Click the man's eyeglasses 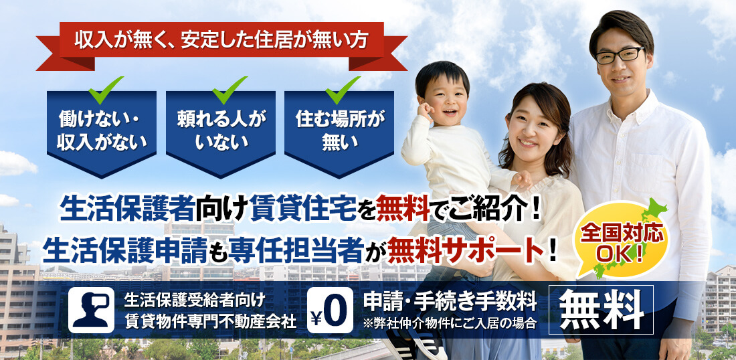coord(620,55)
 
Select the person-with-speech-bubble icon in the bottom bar coord(91,310)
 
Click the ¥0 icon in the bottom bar coord(330,310)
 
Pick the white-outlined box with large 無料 coord(602,310)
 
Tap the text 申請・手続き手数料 coord(450,302)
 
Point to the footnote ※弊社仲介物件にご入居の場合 coord(449,324)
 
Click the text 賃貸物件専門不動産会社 coord(211,321)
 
